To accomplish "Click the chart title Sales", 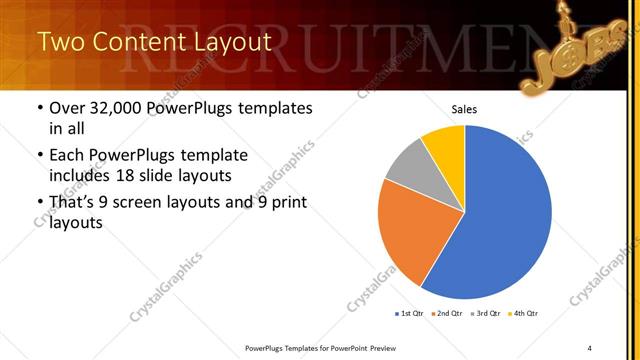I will coord(464,109).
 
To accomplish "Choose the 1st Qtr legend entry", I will coord(411,314).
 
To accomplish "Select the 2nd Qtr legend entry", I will coord(447,314).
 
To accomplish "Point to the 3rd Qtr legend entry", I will coord(483,314).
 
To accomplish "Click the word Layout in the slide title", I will coord(229,42).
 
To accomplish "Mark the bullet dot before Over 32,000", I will coord(40,108).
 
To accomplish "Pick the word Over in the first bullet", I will coord(69,108).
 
